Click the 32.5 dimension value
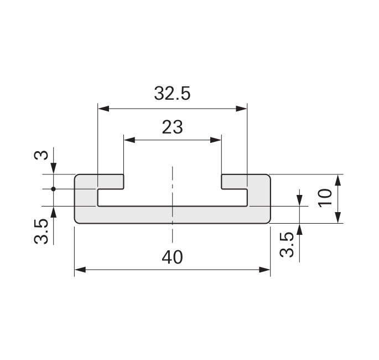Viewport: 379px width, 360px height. click(172, 94)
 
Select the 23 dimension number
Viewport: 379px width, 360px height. click(172, 127)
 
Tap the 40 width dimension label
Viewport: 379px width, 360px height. click(172, 257)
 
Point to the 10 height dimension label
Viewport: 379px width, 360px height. click(325, 198)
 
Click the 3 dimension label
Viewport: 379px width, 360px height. click(41, 155)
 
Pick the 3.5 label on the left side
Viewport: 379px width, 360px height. click(41, 232)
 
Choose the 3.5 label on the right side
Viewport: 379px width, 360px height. click(287, 244)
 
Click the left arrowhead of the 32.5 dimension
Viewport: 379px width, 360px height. click(103, 109)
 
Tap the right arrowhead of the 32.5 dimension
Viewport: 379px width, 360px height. click(241, 109)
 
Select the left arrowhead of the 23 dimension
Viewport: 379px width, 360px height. click(129, 140)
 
